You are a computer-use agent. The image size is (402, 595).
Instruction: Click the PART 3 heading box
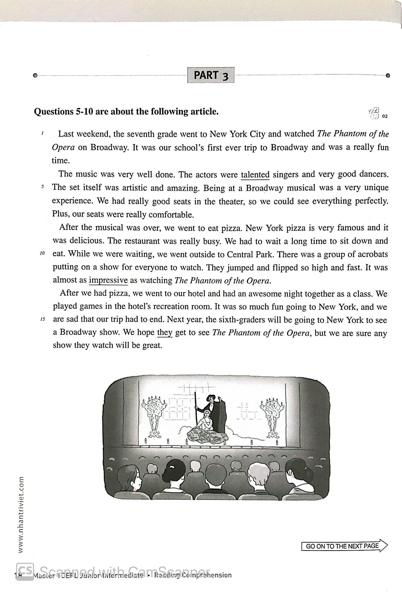[x=211, y=75]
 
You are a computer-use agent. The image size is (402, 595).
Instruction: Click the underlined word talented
[x=255, y=174]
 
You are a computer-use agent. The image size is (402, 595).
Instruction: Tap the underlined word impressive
[x=108, y=280]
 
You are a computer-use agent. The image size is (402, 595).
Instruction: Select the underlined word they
[x=165, y=332]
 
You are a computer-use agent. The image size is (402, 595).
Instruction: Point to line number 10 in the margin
[x=42, y=253]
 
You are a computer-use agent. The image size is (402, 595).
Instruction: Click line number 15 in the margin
[x=42, y=319]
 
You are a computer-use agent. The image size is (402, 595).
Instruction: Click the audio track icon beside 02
[x=374, y=113]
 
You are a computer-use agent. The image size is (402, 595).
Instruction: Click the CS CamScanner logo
[x=25, y=571]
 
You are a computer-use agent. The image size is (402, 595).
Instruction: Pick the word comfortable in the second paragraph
[x=171, y=215]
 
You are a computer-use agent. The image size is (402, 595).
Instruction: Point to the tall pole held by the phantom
[x=195, y=410]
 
